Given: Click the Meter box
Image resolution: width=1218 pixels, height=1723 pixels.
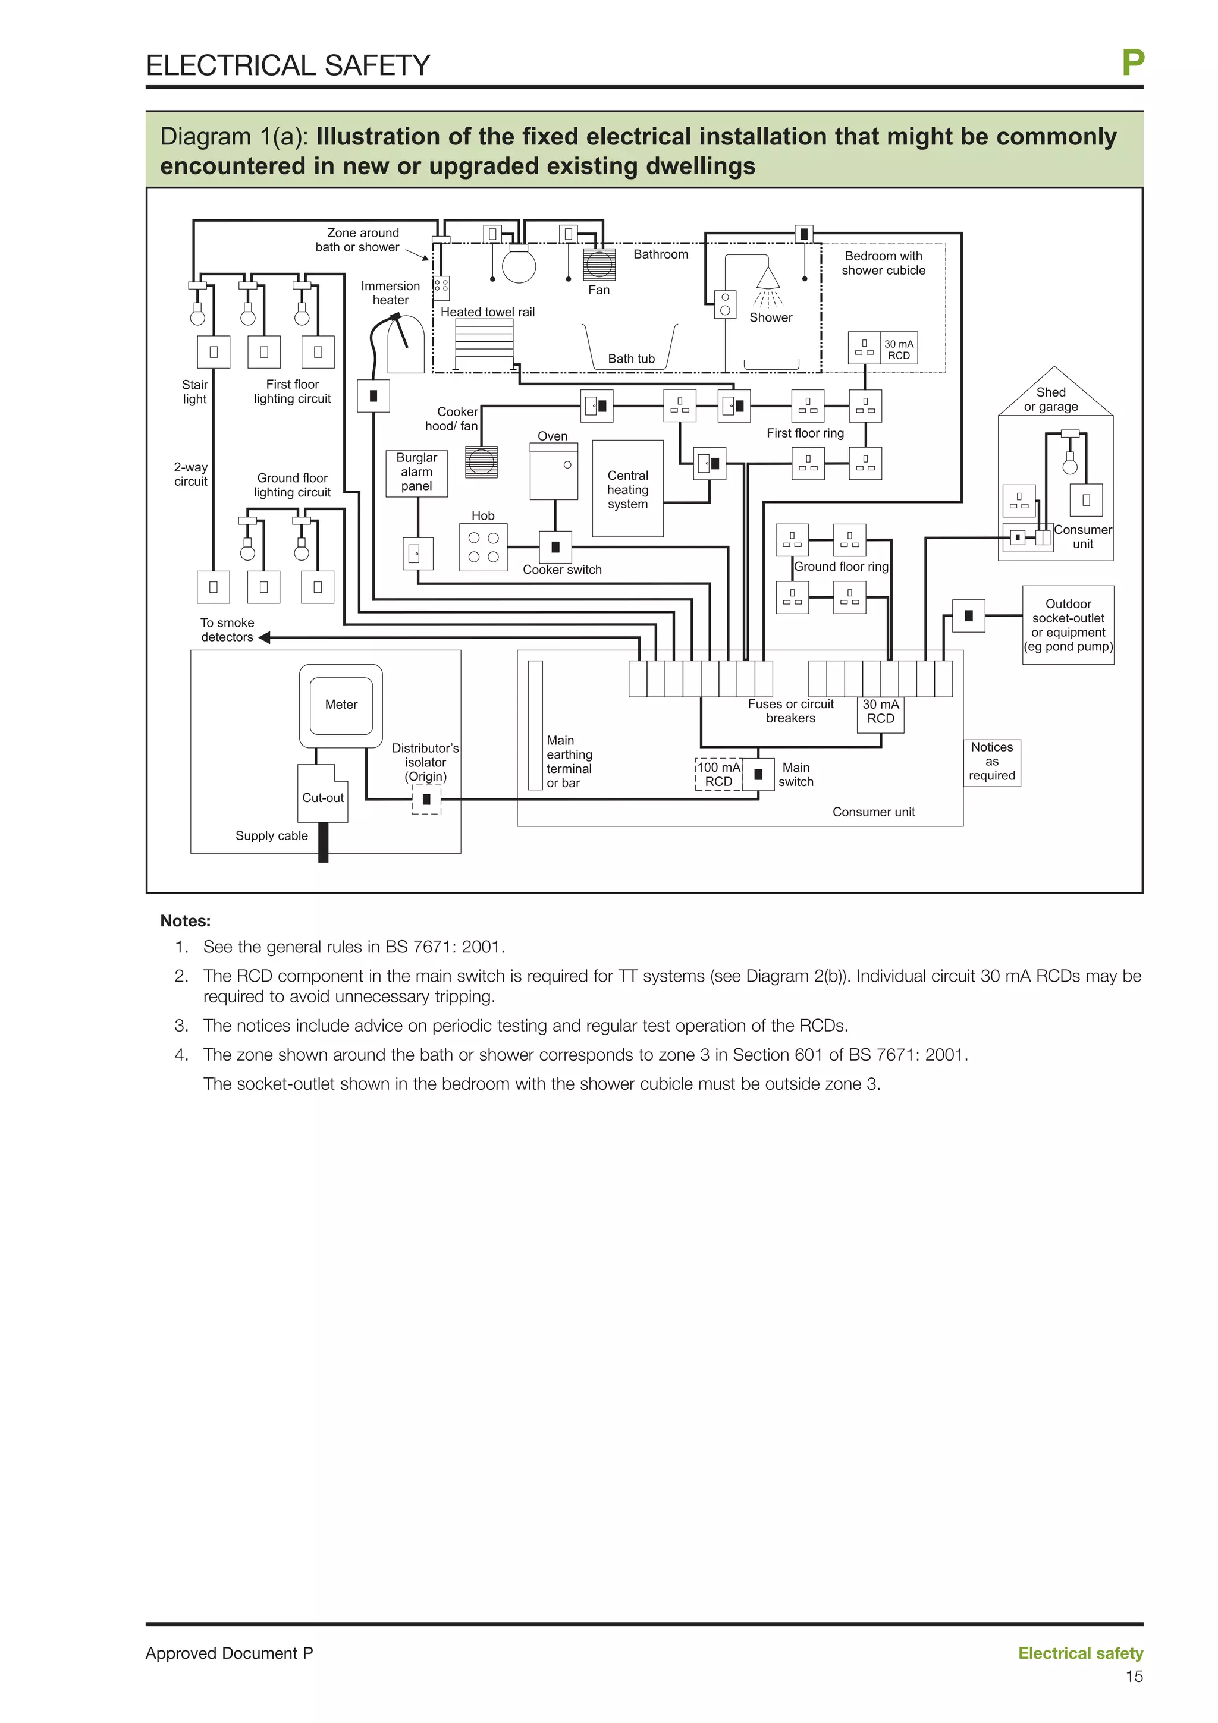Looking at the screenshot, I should [x=341, y=705].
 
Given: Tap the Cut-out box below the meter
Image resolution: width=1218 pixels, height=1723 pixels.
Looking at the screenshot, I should [x=323, y=796].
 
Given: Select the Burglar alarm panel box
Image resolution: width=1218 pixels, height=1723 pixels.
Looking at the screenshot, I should [x=416, y=473].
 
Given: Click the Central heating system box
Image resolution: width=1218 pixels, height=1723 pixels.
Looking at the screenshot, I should [x=627, y=489].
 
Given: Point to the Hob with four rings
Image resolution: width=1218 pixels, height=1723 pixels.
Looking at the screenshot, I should [x=484, y=548].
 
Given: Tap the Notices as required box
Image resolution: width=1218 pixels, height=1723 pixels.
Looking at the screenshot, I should [x=991, y=762].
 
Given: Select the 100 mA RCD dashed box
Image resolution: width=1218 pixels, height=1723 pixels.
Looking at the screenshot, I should [x=718, y=775].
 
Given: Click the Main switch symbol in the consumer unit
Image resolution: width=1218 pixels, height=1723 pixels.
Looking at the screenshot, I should [x=758, y=775].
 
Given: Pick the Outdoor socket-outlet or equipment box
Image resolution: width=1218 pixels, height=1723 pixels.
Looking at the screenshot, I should [x=1068, y=625].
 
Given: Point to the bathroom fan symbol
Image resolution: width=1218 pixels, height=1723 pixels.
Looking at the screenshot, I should [x=599, y=264].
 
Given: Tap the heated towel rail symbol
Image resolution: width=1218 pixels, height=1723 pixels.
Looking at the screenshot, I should [x=484, y=343].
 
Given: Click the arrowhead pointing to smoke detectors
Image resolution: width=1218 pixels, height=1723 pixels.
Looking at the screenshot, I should [x=264, y=637].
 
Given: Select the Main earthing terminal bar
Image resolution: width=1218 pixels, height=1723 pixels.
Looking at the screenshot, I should [x=535, y=725].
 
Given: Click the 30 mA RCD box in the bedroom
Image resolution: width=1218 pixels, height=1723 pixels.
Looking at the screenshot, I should [x=898, y=349].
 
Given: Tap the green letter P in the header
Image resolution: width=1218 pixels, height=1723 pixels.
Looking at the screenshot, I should [x=1132, y=63].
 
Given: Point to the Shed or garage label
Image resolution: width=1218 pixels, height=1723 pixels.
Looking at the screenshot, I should [x=1051, y=399].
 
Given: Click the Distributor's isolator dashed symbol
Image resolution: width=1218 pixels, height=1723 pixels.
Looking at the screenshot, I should [x=426, y=799].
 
